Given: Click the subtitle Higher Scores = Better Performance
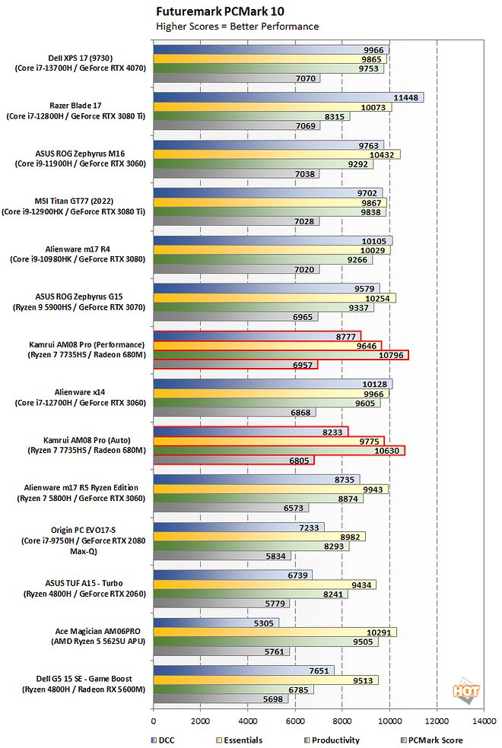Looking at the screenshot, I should [237, 27].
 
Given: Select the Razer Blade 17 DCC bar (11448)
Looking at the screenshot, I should [288, 97].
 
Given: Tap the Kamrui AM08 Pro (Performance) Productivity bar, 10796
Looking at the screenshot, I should [281, 355].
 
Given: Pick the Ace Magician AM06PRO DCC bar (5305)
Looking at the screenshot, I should [216, 623].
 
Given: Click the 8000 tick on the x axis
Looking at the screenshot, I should [342, 720].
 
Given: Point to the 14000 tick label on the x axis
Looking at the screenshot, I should [483, 720].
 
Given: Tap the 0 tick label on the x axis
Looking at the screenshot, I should [154, 720].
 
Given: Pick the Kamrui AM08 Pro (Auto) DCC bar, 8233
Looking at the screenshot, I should [250, 431].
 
